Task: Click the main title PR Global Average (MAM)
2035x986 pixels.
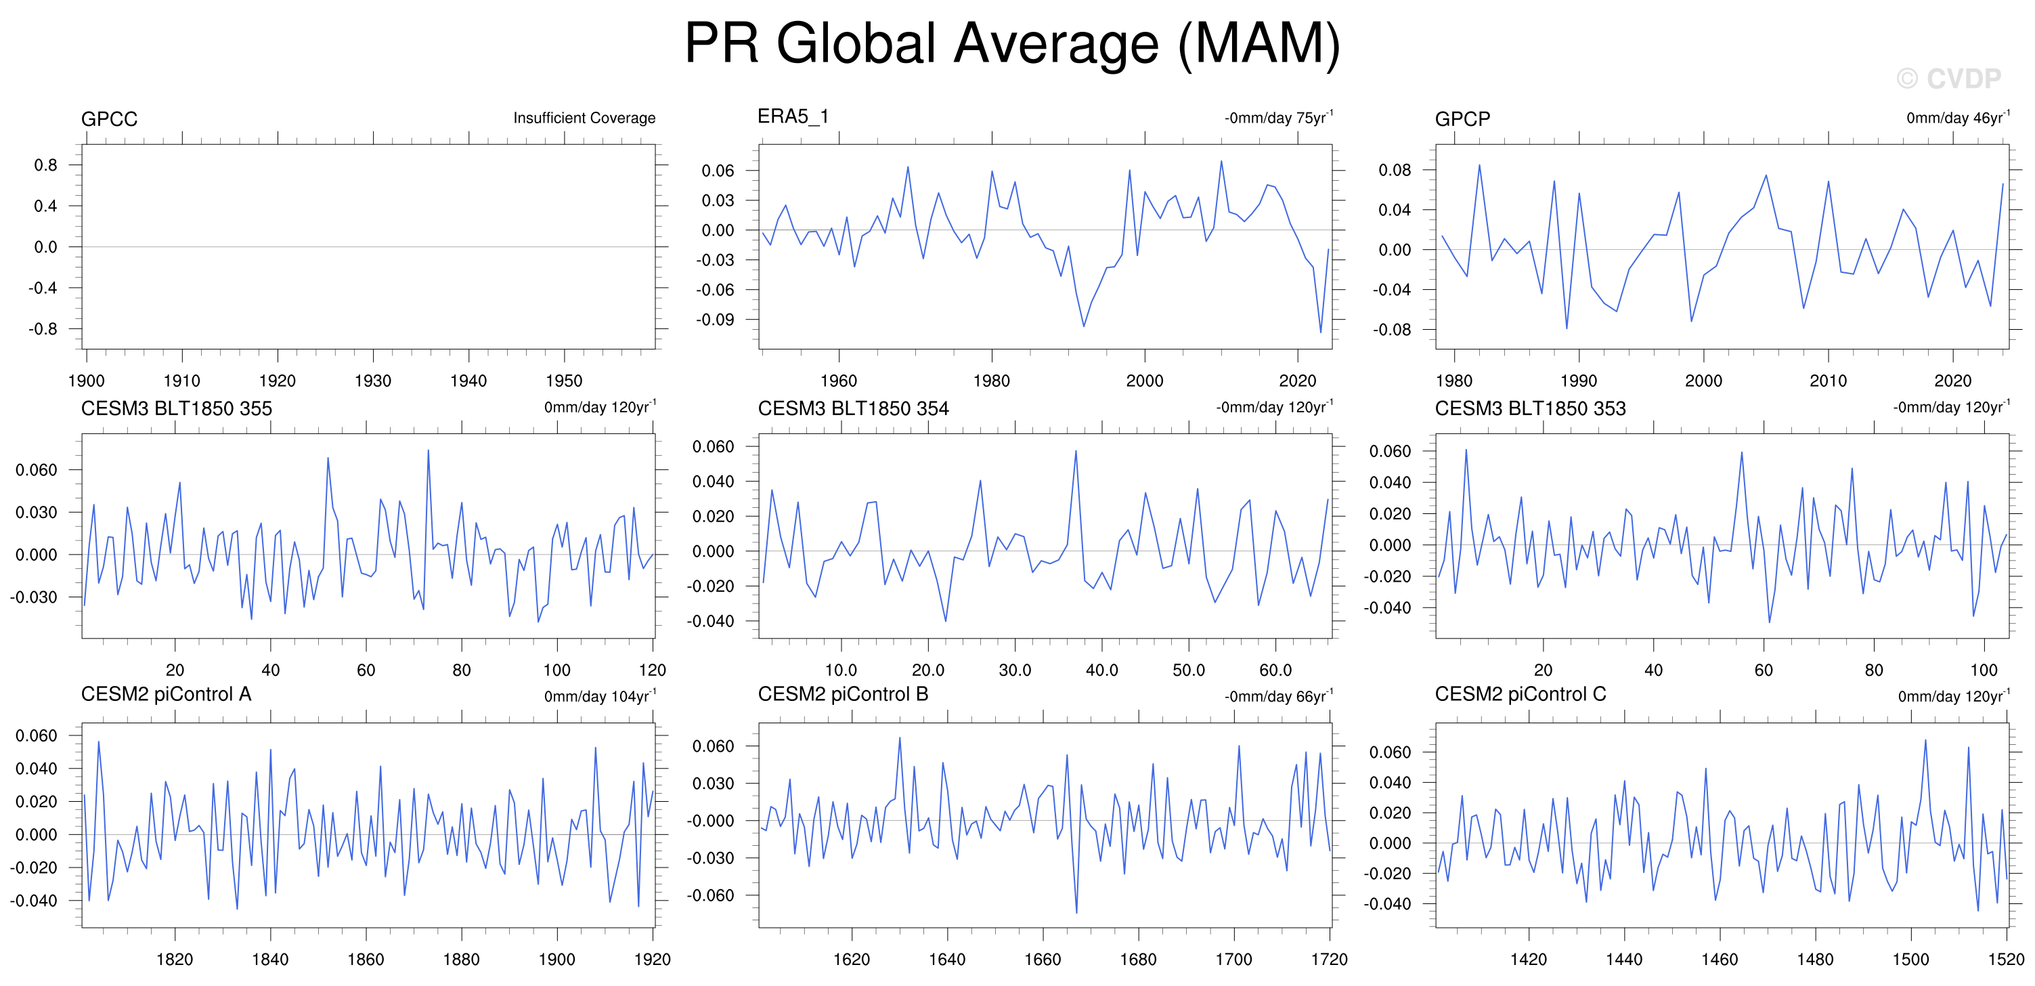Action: (x=1012, y=44)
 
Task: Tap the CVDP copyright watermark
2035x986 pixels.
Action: (x=1948, y=79)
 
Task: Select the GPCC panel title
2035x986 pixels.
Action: (x=109, y=119)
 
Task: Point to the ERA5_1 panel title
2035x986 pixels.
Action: (x=793, y=117)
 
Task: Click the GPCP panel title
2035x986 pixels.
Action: (x=1462, y=119)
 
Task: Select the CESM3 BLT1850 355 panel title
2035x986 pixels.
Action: (x=176, y=408)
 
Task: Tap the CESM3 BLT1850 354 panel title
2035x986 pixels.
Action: (x=853, y=408)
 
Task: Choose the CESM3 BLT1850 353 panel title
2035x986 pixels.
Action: (x=1530, y=408)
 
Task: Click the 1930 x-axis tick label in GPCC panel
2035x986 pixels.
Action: (x=373, y=381)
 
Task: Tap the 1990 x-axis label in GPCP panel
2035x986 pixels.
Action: (x=1579, y=381)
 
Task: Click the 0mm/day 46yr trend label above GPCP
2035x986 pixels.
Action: (x=1959, y=117)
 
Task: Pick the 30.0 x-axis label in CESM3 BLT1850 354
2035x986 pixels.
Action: (x=1015, y=670)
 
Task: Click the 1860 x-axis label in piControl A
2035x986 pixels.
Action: (x=366, y=959)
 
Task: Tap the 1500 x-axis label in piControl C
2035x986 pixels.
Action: (x=1911, y=959)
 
